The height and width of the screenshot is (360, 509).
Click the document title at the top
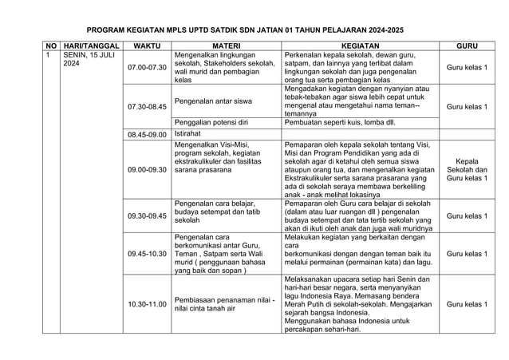pyautogui.click(x=255, y=27)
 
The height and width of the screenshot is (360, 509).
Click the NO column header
pyautogui.click(x=51, y=46)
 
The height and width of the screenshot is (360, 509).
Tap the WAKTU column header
pyautogui.click(x=148, y=46)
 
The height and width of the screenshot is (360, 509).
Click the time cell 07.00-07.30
pyautogui.click(x=148, y=69)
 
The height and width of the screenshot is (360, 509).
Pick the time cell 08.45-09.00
pyautogui.click(x=148, y=134)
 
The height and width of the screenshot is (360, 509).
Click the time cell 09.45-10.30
pyautogui.click(x=148, y=254)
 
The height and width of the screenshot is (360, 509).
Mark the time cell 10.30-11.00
pyautogui.click(x=148, y=305)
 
